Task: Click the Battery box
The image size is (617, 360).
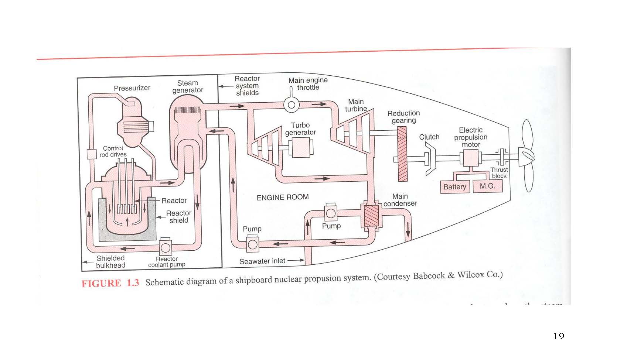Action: [455, 187]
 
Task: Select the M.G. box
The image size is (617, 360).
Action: [488, 186]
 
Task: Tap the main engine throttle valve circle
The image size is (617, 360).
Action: [291, 105]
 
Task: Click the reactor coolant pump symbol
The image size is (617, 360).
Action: [165, 247]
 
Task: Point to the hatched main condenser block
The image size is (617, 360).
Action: [371, 216]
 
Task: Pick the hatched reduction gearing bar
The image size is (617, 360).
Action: [402, 154]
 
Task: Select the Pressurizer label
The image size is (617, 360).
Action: [132, 88]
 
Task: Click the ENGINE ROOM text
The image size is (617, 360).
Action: [283, 197]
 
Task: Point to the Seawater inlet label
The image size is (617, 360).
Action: [262, 261]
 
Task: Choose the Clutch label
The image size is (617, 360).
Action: [429, 137]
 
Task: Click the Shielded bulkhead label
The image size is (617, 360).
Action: [110, 262]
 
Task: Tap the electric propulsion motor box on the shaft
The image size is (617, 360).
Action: [470, 158]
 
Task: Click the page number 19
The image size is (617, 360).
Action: [558, 336]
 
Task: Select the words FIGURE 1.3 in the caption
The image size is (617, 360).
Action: [110, 284]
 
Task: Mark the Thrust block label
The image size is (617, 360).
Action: [499, 173]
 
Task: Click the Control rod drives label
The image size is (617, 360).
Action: [113, 151]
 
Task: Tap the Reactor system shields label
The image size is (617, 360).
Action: [247, 86]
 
